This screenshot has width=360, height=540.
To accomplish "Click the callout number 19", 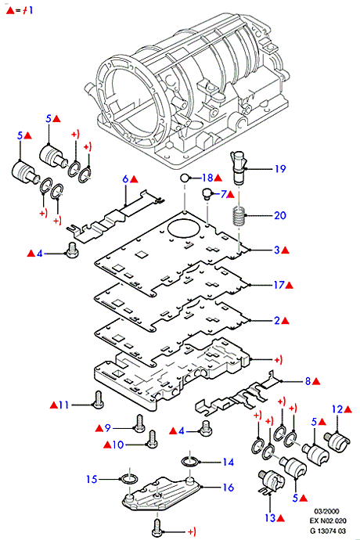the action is (x=280, y=169).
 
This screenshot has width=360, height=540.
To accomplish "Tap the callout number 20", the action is (x=280, y=215).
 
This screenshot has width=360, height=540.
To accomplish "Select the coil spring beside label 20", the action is (x=239, y=215).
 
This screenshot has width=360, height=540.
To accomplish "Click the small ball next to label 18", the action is (x=185, y=178).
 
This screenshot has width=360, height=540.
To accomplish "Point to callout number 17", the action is (x=279, y=285).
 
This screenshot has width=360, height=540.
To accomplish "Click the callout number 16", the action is (x=228, y=488).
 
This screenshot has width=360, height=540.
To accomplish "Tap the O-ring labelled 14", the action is (x=190, y=461).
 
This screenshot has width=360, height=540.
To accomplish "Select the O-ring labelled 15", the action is (x=129, y=479).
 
